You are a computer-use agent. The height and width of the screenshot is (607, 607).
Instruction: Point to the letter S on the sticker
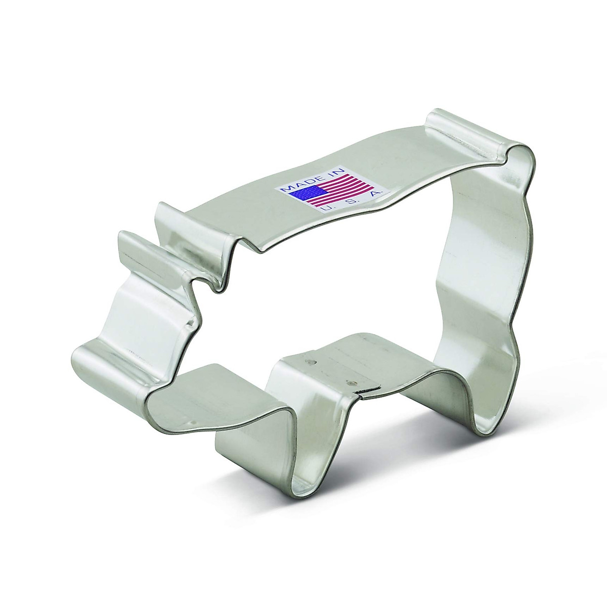pyautogui.click(x=351, y=202)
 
